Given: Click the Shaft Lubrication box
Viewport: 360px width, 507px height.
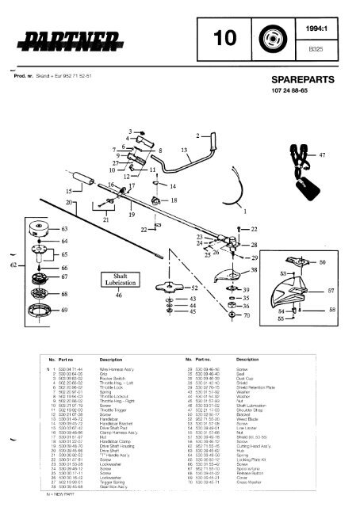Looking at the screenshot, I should coord(117,278).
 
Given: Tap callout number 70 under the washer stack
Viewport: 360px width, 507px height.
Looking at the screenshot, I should coord(247,316).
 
